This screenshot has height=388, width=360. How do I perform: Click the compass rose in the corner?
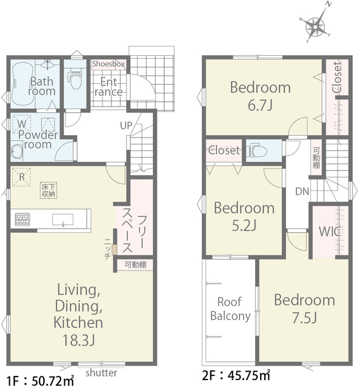pos(316,25)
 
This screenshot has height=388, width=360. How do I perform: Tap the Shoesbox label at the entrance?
pos(108,64)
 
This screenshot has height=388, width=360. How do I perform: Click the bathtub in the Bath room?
pos(22,84)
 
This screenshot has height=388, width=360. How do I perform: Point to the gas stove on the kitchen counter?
pos(22,219)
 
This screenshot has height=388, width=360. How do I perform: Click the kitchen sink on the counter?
pos(62,219)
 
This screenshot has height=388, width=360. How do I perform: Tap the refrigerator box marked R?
pos(22,177)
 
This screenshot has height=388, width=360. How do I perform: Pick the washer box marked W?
pos(22,124)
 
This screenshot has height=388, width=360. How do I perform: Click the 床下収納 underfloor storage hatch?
pos(48,190)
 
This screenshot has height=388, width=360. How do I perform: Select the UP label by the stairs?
pos(126,125)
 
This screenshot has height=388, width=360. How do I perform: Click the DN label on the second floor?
pos(302,191)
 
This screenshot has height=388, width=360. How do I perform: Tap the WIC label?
pos(330,232)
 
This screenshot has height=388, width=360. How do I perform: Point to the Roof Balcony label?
pos(230,309)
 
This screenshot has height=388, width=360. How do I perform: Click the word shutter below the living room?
pos(101,373)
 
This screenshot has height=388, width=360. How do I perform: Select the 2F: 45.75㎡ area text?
pos(236,376)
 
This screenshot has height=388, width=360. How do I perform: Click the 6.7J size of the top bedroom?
pos(260,105)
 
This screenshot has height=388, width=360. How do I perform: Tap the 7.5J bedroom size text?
pos(305,318)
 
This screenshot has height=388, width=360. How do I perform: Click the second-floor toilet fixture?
pos(258,151)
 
